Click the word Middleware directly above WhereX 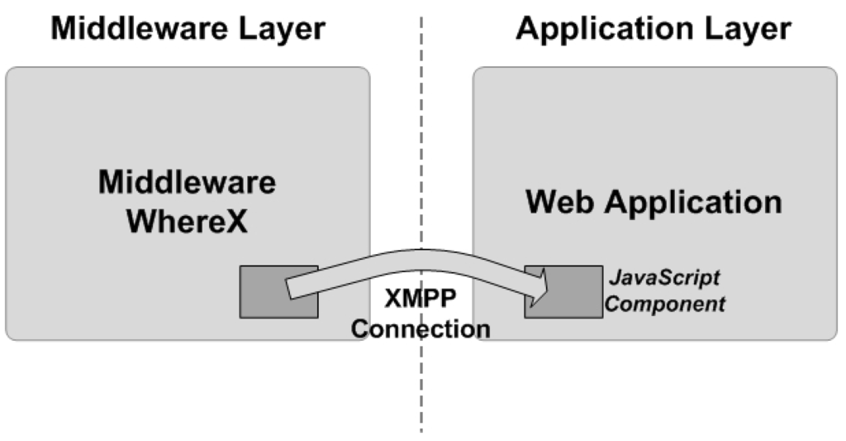click(187, 183)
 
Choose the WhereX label click(187, 221)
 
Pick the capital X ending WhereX click(237, 221)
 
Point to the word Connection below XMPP click(421, 328)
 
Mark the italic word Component click(666, 304)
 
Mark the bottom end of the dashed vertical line click(422, 429)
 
